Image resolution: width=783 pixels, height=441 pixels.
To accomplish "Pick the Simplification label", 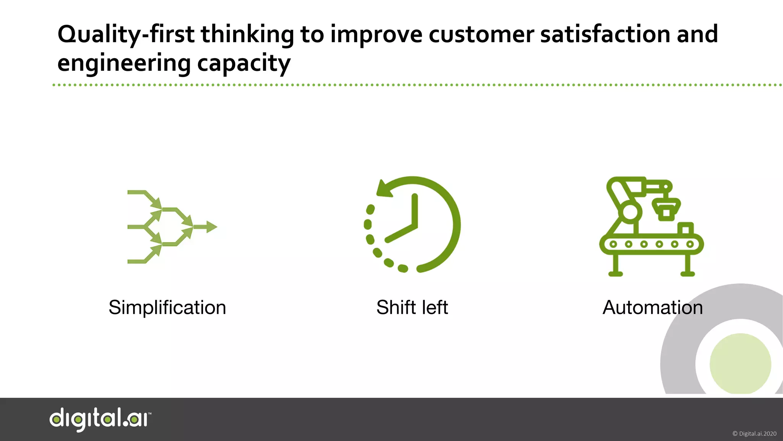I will pyautogui.click(x=167, y=307).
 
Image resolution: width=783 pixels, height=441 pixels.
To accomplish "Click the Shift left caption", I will pyautogui.click(x=412, y=307).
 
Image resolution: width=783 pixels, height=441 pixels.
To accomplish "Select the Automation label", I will pyautogui.click(x=652, y=307).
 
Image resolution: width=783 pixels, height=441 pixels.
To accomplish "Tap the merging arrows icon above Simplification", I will pyautogui.click(x=172, y=227).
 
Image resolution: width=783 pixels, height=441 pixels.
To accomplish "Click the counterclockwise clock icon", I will pyautogui.click(x=412, y=225).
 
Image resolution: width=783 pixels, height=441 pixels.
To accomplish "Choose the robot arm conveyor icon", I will pyautogui.click(x=651, y=226).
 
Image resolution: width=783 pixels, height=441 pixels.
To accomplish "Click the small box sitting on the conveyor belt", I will pyautogui.click(x=685, y=229).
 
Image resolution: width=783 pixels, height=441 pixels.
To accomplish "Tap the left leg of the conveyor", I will pyautogui.click(x=615, y=265).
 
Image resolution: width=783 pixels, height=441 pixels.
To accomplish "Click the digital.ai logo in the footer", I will pyautogui.click(x=100, y=419).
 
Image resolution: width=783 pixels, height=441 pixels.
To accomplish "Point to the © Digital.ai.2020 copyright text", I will pyautogui.click(x=754, y=434).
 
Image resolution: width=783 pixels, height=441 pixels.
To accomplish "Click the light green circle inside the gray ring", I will pyautogui.click(x=740, y=363).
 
